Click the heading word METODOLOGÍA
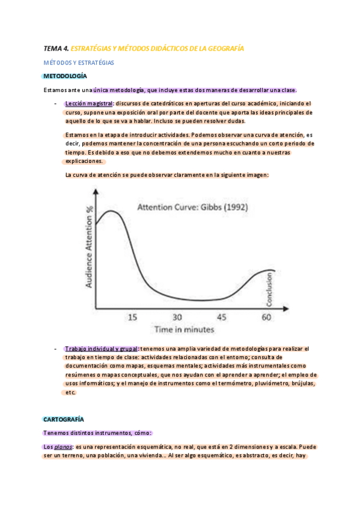click(66, 76)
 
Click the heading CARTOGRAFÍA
click(64, 419)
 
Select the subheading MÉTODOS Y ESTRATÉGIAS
click(79, 63)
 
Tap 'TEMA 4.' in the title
click(56, 48)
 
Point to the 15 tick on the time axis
click(132, 317)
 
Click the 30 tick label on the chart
click(178, 317)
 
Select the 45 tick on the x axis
click(221, 317)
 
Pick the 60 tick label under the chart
click(266, 317)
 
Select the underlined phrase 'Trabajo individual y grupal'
click(102, 349)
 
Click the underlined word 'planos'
click(63, 447)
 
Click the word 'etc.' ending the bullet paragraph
click(70, 392)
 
